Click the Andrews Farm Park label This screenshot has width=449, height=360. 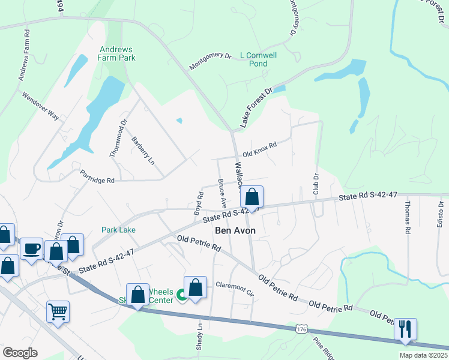(x=117, y=53)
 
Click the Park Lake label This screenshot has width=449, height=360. (x=118, y=230)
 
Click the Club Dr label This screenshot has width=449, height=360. (x=315, y=184)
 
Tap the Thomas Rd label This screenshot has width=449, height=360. (x=407, y=217)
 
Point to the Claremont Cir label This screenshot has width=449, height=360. (x=235, y=287)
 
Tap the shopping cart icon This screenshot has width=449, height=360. (x=58, y=311)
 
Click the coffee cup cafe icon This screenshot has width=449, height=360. (x=32, y=247)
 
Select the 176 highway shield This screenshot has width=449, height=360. (x=302, y=329)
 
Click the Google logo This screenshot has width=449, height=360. (x=20, y=353)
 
